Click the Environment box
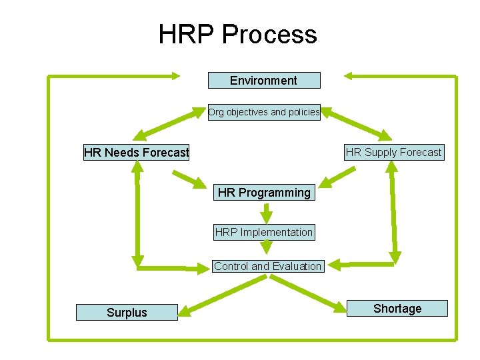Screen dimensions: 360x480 pos(264,81)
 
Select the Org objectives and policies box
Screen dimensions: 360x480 pos(264,112)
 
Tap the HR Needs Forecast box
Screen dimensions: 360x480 pos(137,153)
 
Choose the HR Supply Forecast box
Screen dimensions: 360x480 pos(393,152)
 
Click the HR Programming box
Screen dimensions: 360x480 pos(264,193)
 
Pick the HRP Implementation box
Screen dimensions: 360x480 pos(264,232)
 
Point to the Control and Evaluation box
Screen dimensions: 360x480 pos(267,266)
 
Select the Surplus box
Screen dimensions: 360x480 pos(127,312)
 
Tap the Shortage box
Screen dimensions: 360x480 pos(397,308)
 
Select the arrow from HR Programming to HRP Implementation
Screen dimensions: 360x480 pos(266,213)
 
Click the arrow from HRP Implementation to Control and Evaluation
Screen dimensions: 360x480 pos(267,248)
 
